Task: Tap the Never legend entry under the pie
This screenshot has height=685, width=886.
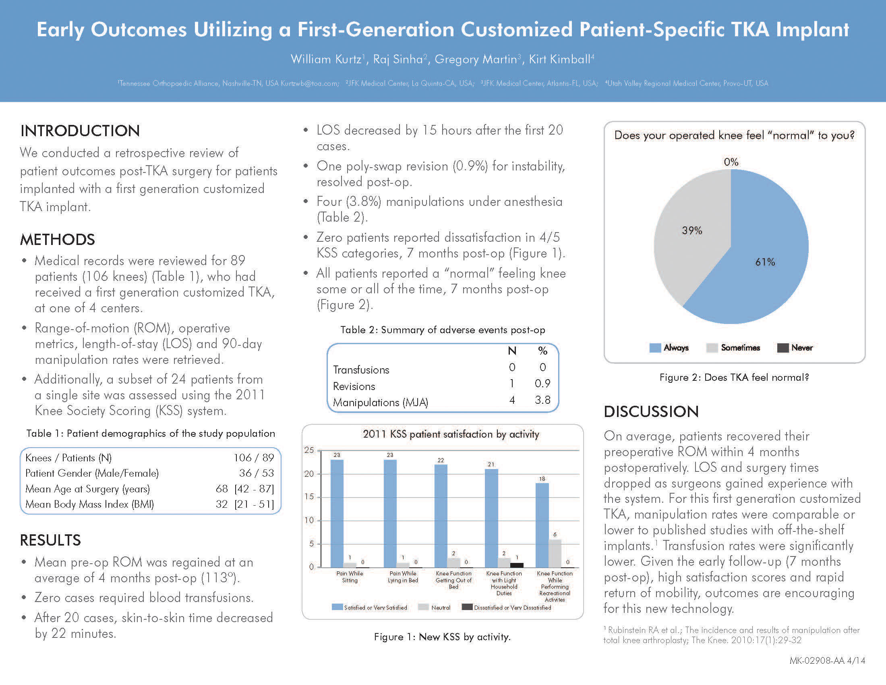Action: [x=795, y=348]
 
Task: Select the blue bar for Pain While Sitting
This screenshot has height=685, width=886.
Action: [x=337, y=513]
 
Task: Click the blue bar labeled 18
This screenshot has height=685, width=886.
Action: [x=542, y=525]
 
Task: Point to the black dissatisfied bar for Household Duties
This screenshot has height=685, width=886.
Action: [x=516, y=565]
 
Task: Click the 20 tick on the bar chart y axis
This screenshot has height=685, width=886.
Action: [x=309, y=473]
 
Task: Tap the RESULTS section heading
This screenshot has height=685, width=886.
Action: [x=50, y=540]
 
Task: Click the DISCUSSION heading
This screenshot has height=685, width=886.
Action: [x=651, y=411]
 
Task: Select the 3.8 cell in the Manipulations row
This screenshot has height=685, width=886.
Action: [x=542, y=400]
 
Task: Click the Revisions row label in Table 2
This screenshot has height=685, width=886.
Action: [x=354, y=386]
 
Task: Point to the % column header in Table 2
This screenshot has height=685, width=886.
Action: [x=542, y=351]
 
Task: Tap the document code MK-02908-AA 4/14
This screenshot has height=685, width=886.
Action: [x=827, y=661]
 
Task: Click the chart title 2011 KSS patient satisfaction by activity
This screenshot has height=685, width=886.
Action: [x=451, y=434]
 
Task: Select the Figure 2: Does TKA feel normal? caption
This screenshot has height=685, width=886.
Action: [x=734, y=378]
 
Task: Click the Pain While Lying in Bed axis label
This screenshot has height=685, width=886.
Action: [x=402, y=577]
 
